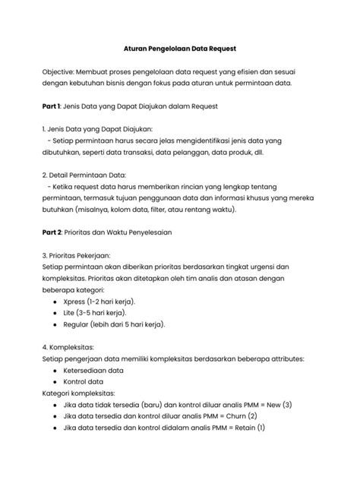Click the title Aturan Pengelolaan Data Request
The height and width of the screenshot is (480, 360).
(x=179, y=49)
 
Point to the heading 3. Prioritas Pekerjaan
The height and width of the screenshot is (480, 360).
(x=82, y=255)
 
